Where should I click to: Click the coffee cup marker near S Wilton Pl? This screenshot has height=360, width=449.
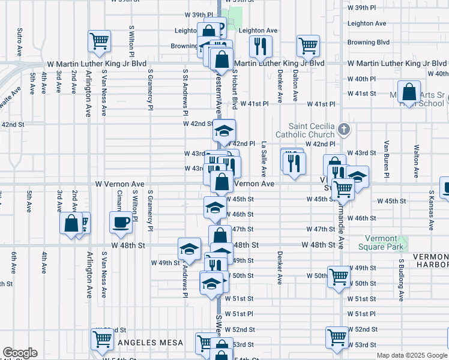pyautogui.click(x=121, y=222)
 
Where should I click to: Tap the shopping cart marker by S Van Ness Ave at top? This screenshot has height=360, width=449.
pyautogui.click(x=100, y=41)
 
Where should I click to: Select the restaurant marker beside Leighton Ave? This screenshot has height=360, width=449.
pyautogui.click(x=260, y=46)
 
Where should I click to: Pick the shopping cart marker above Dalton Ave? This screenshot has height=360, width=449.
pyautogui.click(x=308, y=45)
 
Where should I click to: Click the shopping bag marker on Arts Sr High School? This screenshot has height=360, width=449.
pyautogui.click(x=409, y=92)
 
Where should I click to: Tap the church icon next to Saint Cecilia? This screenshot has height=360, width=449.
pyautogui.click(x=343, y=129)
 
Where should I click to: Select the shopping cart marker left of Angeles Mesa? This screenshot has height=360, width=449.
pyautogui.click(x=102, y=339)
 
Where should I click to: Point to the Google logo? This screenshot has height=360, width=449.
pyautogui.click(x=20, y=353)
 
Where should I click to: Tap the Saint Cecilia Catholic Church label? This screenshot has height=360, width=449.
pyautogui.click(x=306, y=130)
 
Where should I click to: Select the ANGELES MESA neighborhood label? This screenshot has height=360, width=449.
pyautogui.click(x=146, y=343)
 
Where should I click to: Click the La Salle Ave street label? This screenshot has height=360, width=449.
pyautogui.click(x=264, y=157)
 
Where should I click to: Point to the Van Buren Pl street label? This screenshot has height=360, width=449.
pyautogui.click(x=387, y=155)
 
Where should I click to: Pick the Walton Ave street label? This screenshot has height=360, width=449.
pyautogui.click(x=415, y=161)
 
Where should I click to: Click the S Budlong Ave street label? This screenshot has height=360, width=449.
pyautogui.click(x=401, y=280)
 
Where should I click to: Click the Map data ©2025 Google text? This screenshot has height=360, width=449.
pyautogui.click(x=411, y=355)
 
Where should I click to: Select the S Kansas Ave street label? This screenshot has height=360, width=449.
pyautogui.click(x=431, y=211)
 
